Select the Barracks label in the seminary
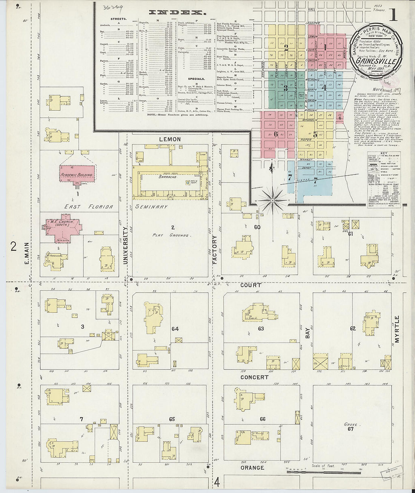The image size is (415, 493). [x=168, y=177]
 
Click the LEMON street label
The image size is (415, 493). [x=169, y=139]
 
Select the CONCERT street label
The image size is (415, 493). [x=254, y=377]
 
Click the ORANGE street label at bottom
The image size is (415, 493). [x=252, y=468]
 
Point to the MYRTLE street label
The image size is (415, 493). [x=397, y=329]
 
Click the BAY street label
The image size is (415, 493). [x=307, y=333]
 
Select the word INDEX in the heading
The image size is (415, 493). [x=173, y=12]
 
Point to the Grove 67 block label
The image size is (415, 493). [x=350, y=427]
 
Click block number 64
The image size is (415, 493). [x=175, y=329]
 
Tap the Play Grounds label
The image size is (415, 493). [x=170, y=235]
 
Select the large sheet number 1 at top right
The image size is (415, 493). [x=393, y=15]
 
